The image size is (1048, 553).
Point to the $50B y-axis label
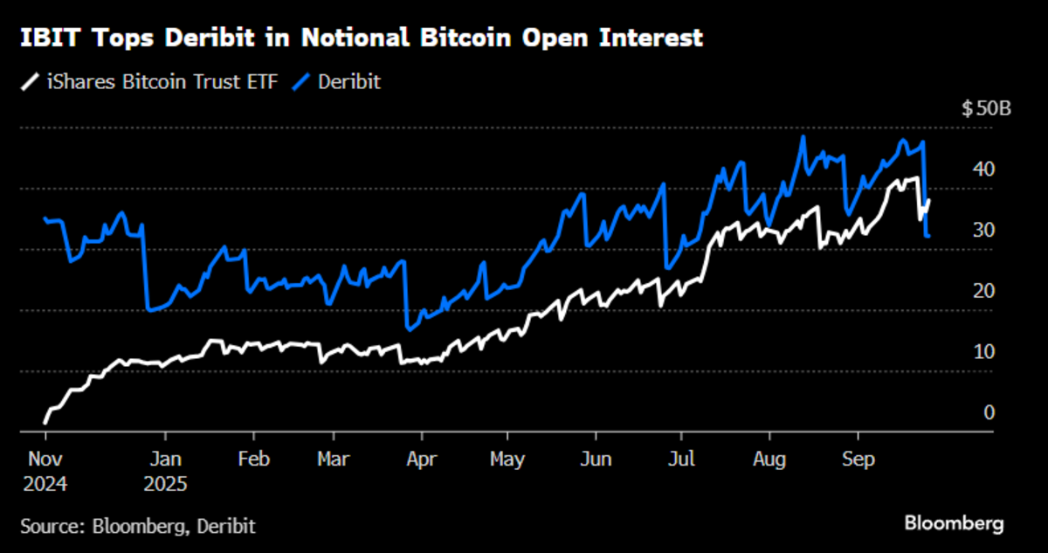point(986,109)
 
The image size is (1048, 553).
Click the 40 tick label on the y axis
point(983,169)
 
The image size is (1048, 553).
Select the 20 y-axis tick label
point(983,291)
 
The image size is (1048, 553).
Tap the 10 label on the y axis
point(983,352)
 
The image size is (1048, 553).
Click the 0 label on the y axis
point(989,412)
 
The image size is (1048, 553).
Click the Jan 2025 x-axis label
point(166,470)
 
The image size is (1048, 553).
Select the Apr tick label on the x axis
point(422,458)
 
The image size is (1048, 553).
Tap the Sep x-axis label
point(858,458)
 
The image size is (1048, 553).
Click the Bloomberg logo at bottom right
point(953,523)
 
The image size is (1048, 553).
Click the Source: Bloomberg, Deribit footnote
point(138,525)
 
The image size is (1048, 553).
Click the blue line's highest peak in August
point(802,137)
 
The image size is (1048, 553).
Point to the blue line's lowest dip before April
point(408,328)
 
